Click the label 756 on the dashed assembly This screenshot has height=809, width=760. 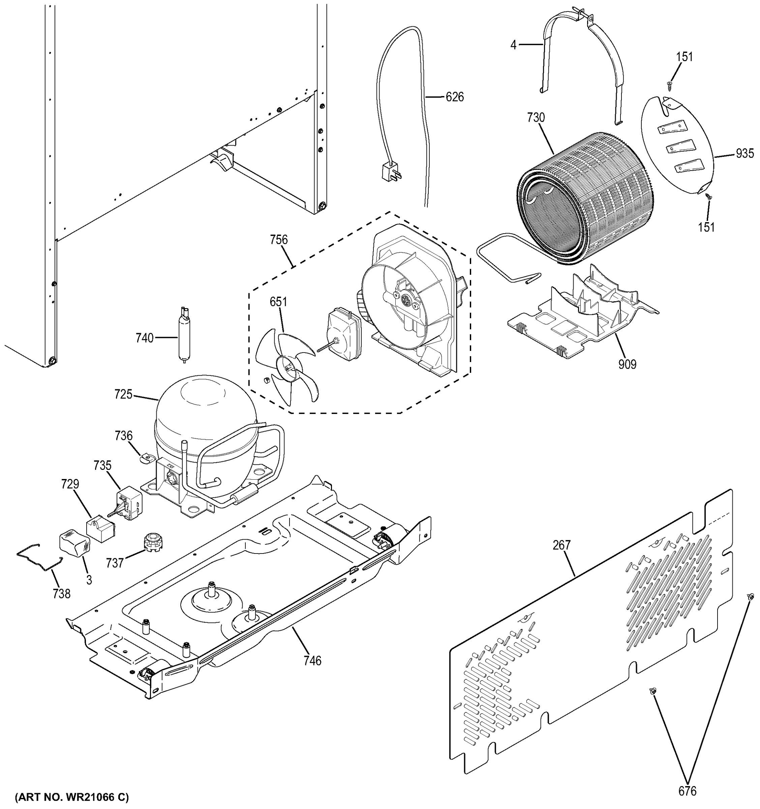tap(279, 240)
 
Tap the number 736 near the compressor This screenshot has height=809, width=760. tap(123, 436)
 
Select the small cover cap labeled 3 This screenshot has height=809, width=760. tap(74, 542)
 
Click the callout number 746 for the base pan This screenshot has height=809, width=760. tap(312, 660)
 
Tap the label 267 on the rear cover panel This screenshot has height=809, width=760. tap(561, 545)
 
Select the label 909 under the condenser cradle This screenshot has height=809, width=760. tap(627, 364)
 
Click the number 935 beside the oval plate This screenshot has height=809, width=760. tap(744, 153)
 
